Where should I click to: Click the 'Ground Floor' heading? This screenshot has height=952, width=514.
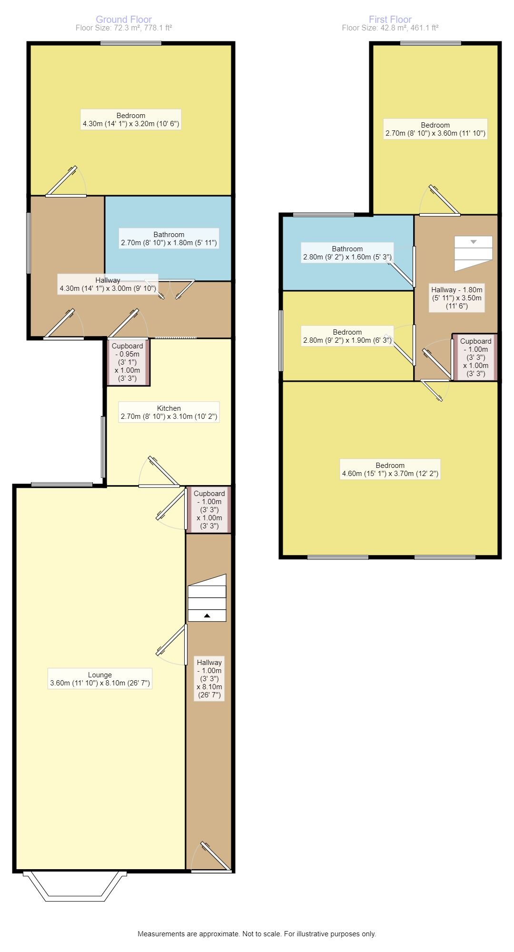pyautogui.click(x=124, y=20)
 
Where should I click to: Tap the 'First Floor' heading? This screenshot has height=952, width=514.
pyautogui.click(x=390, y=20)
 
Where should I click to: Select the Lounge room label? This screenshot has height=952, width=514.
pyautogui.click(x=100, y=679)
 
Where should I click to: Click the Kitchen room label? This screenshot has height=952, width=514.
pyautogui.click(x=169, y=412)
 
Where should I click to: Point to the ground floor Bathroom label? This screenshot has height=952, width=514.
pyautogui.click(x=169, y=238)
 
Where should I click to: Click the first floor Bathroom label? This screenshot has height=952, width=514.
pyautogui.click(x=347, y=253)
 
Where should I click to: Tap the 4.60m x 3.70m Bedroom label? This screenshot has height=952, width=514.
pyautogui.click(x=390, y=469)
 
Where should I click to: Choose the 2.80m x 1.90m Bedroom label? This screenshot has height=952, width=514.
pyautogui.click(x=347, y=336)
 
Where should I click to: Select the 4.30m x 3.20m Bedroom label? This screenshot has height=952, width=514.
pyautogui.click(x=131, y=119)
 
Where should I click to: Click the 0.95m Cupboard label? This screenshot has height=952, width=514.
pyautogui.click(x=128, y=362)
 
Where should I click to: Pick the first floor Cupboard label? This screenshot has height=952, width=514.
pyautogui.click(x=476, y=357)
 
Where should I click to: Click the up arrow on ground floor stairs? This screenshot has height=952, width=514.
pyautogui.click(x=207, y=615)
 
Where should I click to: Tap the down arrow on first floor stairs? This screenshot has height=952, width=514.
pyautogui.click(x=474, y=242)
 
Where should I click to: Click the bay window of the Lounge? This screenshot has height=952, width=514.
pyautogui.click(x=75, y=886)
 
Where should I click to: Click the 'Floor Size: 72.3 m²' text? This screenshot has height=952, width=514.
pyautogui.click(x=124, y=28)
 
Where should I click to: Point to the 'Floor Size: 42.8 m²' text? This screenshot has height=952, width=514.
pyautogui.click(x=390, y=28)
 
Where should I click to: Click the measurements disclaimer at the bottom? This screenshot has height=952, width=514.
pyautogui.click(x=257, y=934)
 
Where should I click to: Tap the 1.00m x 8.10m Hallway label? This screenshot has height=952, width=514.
pyautogui.click(x=209, y=679)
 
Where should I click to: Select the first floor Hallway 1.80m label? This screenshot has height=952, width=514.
pyautogui.click(x=457, y=298)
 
